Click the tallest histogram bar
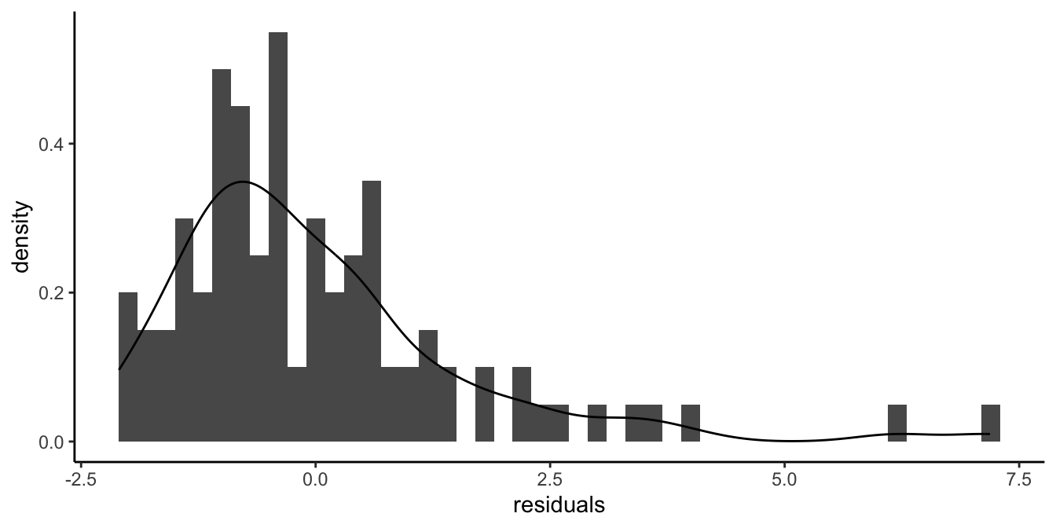pyautogui.click(x=278, y=236)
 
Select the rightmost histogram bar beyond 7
pyautogui.click(x=990, y=423)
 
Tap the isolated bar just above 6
pyautogui.click(x=896, y=423)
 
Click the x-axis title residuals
pyautogui.click(x=559, y=505)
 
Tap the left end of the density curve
pyautogui.click(x=119, y=368)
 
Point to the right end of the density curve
pyautogui.click(x=989, y=434)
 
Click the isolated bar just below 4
pyautogui.click(x=690, y=423)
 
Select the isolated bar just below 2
pyautogui.click(x=485, y=405)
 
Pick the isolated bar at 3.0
pyautogui.click(x=597, y=423)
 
